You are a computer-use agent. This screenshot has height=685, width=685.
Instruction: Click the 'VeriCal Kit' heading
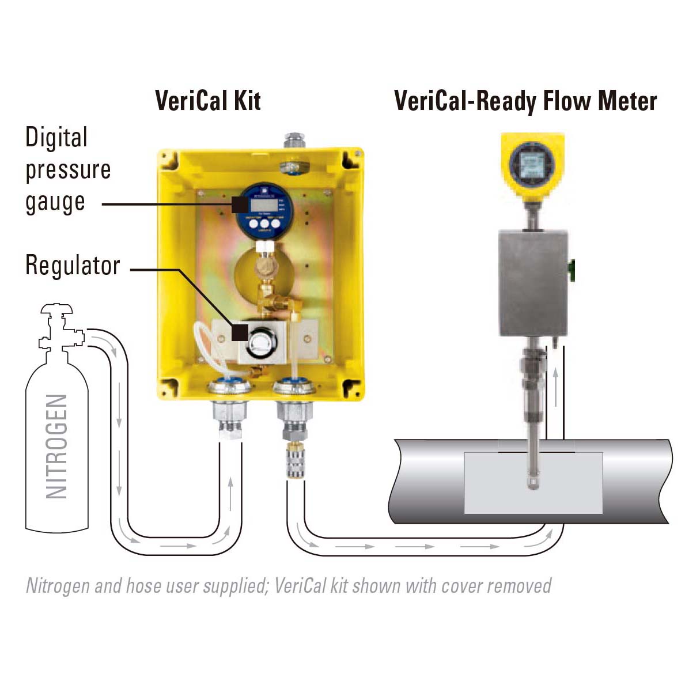207,101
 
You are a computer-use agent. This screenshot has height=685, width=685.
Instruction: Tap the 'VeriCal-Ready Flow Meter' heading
525,101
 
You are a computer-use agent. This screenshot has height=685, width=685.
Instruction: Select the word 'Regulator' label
73,266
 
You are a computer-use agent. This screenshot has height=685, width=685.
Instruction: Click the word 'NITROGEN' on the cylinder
57,446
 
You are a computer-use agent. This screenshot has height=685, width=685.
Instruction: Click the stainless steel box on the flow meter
533,282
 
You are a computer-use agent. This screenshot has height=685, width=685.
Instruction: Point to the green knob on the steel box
572,270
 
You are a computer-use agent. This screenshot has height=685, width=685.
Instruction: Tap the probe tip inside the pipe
533,482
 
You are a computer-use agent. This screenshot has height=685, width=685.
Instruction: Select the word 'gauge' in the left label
55,202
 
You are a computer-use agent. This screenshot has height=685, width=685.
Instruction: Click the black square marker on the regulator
240,332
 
